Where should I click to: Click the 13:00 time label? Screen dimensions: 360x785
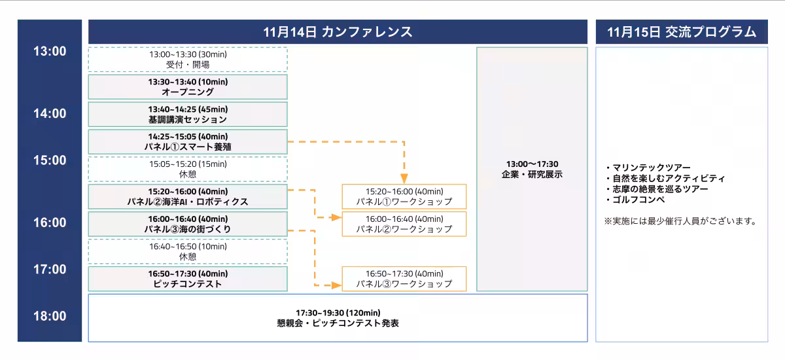[50, 52]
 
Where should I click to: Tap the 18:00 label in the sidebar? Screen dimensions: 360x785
[50, 316]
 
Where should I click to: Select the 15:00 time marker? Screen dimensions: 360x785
[50, 160]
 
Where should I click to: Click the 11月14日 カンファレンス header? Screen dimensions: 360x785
[338, 32]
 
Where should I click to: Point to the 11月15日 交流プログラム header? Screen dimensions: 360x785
[682, 32]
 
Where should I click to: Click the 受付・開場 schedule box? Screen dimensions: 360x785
[188, 60]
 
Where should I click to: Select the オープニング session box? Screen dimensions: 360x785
[188, 87]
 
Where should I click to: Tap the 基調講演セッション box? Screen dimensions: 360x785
[188, 115]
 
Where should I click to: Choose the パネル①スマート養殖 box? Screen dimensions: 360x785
[188, 141]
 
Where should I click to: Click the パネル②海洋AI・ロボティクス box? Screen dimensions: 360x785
[188, 196]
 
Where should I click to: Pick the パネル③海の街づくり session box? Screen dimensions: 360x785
[188, 224]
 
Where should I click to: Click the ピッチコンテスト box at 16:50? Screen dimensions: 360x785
[188, 279]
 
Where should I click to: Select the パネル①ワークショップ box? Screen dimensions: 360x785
[404, 196]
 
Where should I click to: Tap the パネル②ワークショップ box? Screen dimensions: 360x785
[404, 224]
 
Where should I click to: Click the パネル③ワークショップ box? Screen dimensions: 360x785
[404, 279]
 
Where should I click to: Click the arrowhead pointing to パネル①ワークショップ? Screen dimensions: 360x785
[404, 178]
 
